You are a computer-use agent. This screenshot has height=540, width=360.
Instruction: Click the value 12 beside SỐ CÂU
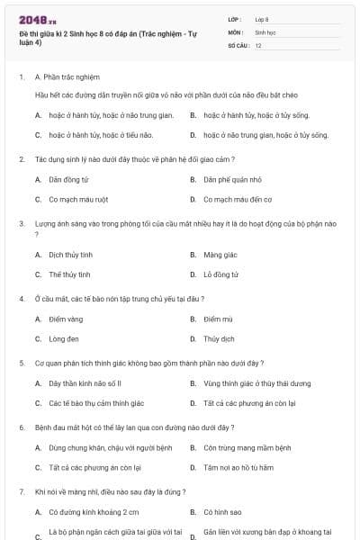click(258, 45)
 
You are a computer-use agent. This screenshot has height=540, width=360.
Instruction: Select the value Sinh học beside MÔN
click(265, 31)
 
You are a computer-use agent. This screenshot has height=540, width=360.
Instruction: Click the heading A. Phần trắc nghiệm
click(67, 76)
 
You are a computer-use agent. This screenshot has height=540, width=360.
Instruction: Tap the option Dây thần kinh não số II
click(85, 383)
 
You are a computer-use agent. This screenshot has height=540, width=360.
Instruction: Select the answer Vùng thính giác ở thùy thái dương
click(257, 383)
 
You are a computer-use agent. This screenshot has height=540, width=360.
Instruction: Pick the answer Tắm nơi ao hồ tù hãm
click(238, 468)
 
